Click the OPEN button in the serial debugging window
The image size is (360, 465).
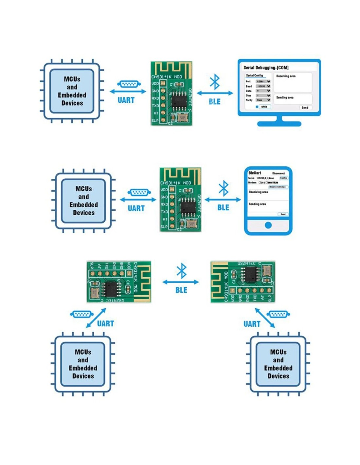tap(264, 107)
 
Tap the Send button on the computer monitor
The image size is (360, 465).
tap(305, 108)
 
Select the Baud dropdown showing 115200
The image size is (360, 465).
tap(263, 86)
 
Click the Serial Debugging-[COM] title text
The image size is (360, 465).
tap(266, 68)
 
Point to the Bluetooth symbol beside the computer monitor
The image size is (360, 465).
tap(215, 82)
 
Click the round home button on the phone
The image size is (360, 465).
tap(268, 225)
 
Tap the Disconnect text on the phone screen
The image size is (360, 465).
tap(278, 173)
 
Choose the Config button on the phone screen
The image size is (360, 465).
tap(283, 178)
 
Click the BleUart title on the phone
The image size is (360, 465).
tap(255, 173)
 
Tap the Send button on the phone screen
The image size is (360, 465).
tap(283, 214)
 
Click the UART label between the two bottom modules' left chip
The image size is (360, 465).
tap(105, 324)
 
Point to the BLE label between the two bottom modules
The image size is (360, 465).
tap(181, 290)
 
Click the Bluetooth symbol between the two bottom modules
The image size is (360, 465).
tap(182, 271)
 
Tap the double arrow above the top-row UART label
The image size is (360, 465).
tap(128, 92)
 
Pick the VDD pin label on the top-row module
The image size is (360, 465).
tap(155, 84)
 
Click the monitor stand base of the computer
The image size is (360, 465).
tap(279, 124)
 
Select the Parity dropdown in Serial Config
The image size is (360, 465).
tap(263, 100)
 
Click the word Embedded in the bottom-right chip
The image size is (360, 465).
tap(278, 368)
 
